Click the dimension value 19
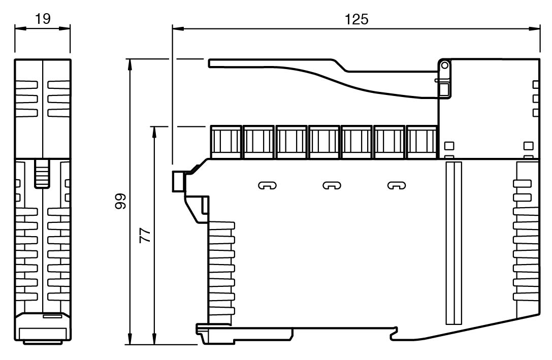point(42,19)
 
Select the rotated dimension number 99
point(120,202)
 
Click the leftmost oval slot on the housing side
point(268,185)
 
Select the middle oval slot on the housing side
point(332,185)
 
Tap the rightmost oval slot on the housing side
point(397,185)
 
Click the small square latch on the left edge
point(178,181)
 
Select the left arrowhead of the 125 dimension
point(176,28)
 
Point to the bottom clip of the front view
point(42,330)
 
